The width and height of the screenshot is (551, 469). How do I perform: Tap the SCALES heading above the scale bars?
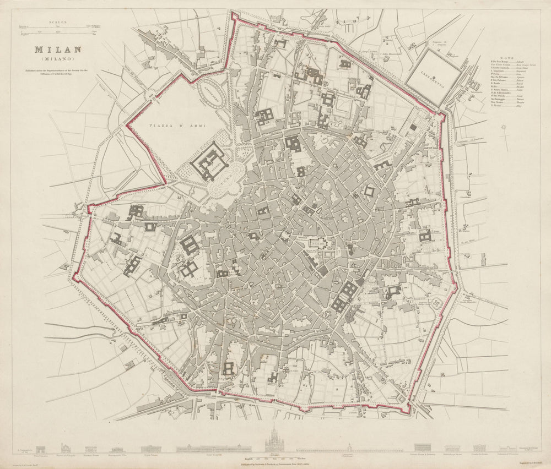click(x=58, y=23)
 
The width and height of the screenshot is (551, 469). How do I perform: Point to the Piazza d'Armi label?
click(x=177, y=126)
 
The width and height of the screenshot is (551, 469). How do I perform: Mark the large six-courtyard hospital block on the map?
click(x=345, y=297)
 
